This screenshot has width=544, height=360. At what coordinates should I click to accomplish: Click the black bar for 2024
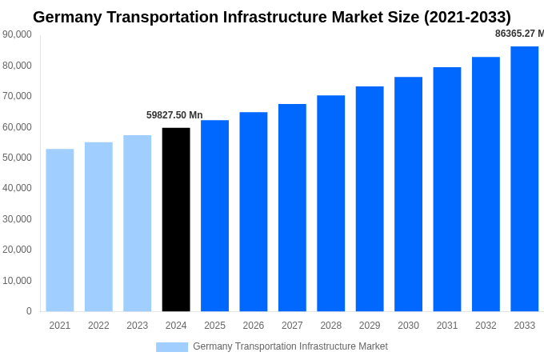click(x=176, y=219)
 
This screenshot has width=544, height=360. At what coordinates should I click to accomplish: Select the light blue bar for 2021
click(x=60, y=230)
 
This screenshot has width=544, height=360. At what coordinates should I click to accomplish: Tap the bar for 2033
click(x=524, y=178)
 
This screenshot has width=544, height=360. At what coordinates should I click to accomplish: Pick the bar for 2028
click(x=330, y=203)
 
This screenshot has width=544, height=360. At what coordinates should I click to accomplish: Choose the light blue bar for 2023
click(x=138, y=223)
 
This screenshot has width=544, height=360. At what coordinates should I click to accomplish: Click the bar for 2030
click(x=408, y=194)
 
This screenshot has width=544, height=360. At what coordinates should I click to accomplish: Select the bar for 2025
click(x=214, y=215)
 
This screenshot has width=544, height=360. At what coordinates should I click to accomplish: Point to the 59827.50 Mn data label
click(x=174, y=115)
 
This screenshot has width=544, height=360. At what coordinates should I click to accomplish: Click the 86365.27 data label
click(x=518, y=34)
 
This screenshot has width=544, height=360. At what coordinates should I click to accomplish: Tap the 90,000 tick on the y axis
click(x=18, y=34)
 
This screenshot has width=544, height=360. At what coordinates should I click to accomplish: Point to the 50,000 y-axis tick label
click(x=18, y=158)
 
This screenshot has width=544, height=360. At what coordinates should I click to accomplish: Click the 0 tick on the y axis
click(x=29, y=311)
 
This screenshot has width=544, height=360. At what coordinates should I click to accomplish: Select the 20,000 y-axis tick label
click(x=18, y=250)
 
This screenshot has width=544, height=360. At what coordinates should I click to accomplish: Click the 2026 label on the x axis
click(x=254, y=326)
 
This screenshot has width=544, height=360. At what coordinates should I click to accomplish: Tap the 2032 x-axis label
click(x=486, y=326)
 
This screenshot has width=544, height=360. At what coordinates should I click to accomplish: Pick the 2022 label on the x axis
click(x=98, y=326)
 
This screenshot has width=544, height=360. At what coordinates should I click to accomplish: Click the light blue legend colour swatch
click(x=172, y=346)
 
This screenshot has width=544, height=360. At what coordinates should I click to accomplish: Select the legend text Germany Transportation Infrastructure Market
click(x=290, y=346)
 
